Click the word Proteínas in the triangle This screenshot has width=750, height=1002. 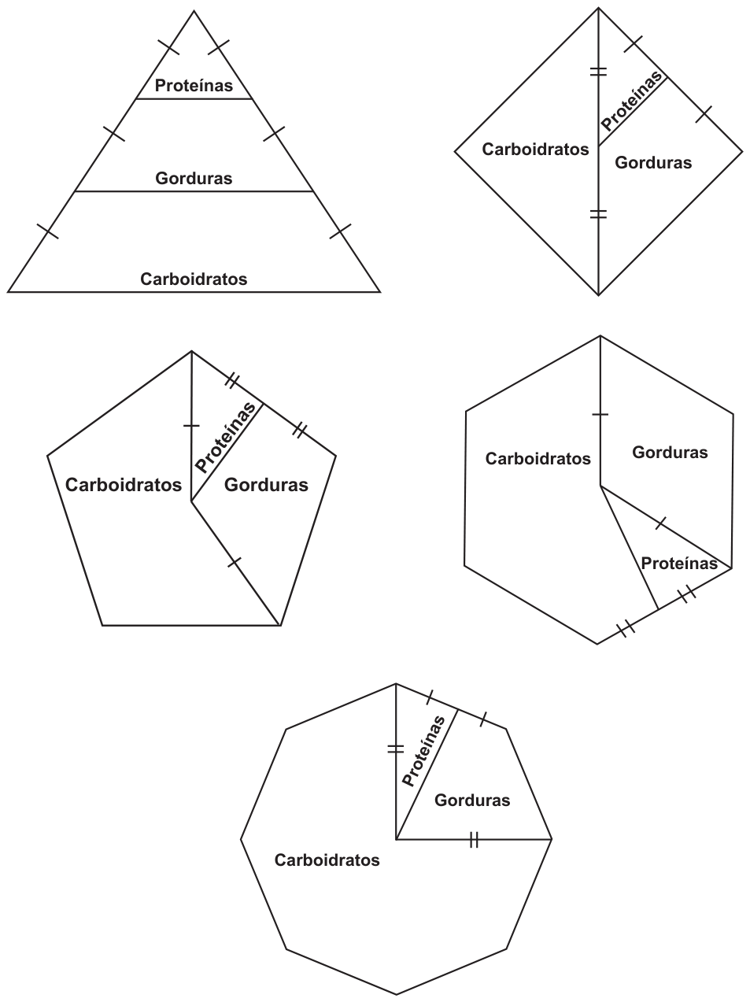194,85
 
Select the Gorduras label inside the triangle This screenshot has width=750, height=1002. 194,178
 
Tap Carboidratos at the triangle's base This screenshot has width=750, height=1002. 194,279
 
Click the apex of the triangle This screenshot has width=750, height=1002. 194,10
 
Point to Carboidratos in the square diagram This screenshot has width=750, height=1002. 536,150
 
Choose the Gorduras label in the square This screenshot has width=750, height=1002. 653,162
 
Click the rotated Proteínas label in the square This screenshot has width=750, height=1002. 632,100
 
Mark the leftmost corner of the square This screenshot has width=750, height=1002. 455,152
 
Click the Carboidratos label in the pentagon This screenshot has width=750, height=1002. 124,485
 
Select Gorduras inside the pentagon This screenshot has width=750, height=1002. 267,485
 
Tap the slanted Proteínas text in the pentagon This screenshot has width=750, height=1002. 226,438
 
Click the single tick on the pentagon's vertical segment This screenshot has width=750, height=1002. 191,426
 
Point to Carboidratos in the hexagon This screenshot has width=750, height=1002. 538,458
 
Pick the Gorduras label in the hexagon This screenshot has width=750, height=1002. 671,453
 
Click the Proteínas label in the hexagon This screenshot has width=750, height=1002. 679,564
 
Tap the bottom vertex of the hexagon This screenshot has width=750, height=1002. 597,644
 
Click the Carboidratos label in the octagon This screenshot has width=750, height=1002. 327,860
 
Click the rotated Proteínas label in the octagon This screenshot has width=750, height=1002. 424,752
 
